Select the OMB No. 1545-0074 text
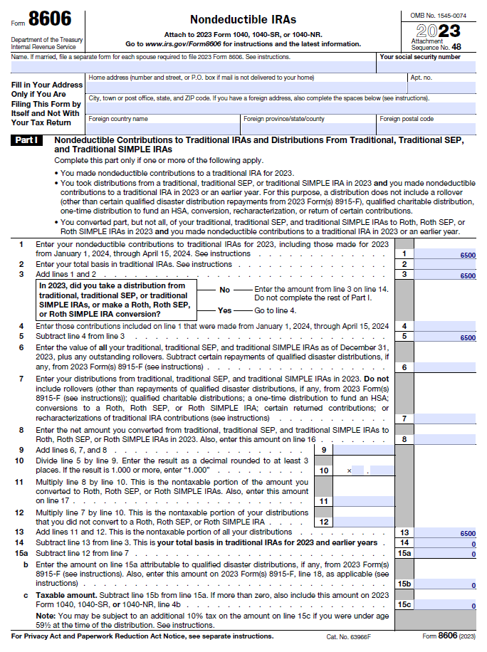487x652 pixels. coord(438,15)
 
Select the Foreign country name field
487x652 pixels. coord(162,128)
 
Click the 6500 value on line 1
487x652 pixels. coord(467,254)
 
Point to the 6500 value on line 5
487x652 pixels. coord(467,337)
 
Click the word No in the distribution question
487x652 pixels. coord(225,290)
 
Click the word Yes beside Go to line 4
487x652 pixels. coord(225,311)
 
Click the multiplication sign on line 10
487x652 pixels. coord(349,471)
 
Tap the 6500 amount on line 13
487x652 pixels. coord(467,532)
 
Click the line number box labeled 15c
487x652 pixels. coord(404,605)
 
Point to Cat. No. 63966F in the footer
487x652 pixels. coord(349,636)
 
